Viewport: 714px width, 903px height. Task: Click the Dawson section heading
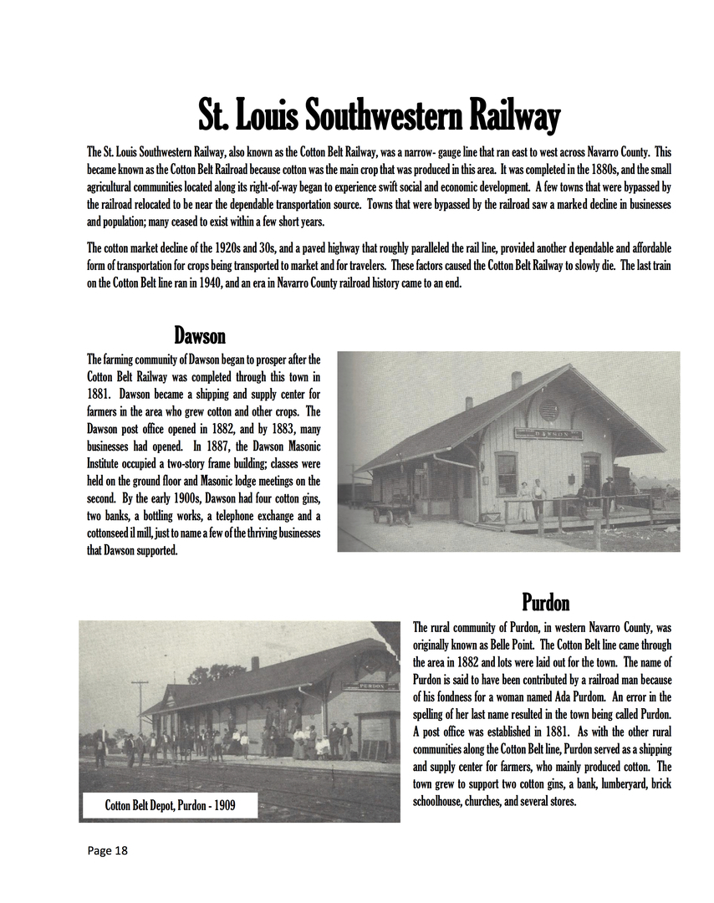[200, 336]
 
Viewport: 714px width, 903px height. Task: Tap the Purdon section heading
[545, 602]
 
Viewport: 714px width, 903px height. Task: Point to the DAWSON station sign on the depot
[548, 434]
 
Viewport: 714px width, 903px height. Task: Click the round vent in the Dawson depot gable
[548, 411]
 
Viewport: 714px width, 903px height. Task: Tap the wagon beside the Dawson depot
[392, 508]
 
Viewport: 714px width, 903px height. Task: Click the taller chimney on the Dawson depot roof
[517, 380]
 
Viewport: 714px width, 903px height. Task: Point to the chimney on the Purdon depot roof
[254, 663]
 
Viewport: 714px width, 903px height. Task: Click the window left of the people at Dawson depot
[506, 473]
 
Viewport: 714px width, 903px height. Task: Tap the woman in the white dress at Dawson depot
[524, 500]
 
